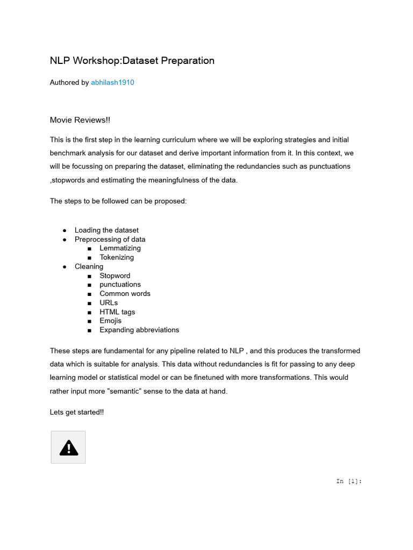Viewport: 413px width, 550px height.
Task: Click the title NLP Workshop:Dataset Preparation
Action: pyautogui.click(x=132, y=61)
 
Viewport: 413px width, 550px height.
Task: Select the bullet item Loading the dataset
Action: pyautogui.click(x=106, y=230)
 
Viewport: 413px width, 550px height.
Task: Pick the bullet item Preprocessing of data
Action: pyautogui.click(x=110, y=239)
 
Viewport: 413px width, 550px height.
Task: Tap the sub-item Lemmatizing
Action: pyautogui.click(x=120, y=248)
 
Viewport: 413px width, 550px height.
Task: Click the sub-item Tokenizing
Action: pyautogui.click(x=117, y=257)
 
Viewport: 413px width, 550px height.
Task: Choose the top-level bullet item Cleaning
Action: pyautogui.click(x=89, y=266)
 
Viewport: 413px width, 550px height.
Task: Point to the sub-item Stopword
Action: pyautogui.click(x=115, y=276)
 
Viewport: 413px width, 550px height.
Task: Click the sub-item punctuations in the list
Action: pyautogui.click(x=120, y=285)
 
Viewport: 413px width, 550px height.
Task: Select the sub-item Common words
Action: pyautogui.click(x=125, y=294)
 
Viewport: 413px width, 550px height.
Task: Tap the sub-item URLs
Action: pyautogui.click(x=109, y=303)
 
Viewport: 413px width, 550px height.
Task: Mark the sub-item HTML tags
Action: pyautogui.click(x=117, y=312)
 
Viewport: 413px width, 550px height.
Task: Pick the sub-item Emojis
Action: pyautogui.click(x=110, y=321)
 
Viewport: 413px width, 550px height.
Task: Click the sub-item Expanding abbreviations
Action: pyautogui.click(x=139, y=330)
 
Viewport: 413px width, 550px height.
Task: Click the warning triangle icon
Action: pyautogui.click(x=68, y=447)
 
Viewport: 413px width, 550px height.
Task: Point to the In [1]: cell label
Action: pyautogui.click(x=349, y=481)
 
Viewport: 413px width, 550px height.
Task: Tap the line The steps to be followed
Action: pyautogui.click(x=118, y=201)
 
